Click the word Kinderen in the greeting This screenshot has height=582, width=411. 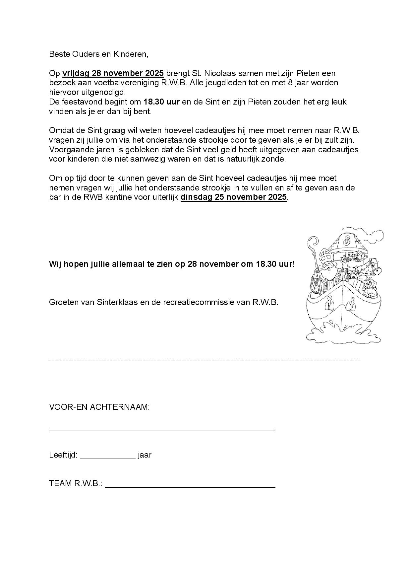click(130, 54)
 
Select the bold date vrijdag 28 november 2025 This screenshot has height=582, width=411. click(113, 73)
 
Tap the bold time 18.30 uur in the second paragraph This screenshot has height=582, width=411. click(161, 102)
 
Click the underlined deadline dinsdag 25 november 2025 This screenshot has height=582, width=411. click(233, 197)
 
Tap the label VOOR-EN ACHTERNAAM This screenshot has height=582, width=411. click(99, 407)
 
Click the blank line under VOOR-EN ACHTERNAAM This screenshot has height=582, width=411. click(162, 429)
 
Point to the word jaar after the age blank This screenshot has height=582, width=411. click(145, 455)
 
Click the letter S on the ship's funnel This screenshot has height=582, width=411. click(347, 240)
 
